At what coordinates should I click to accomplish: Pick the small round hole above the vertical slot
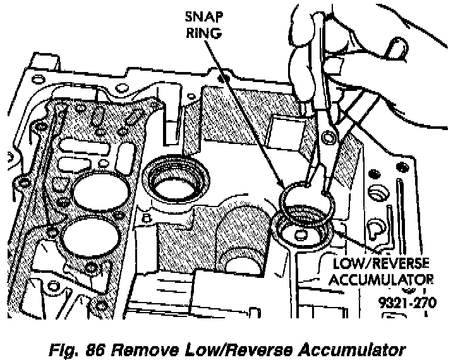[380, 191]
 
